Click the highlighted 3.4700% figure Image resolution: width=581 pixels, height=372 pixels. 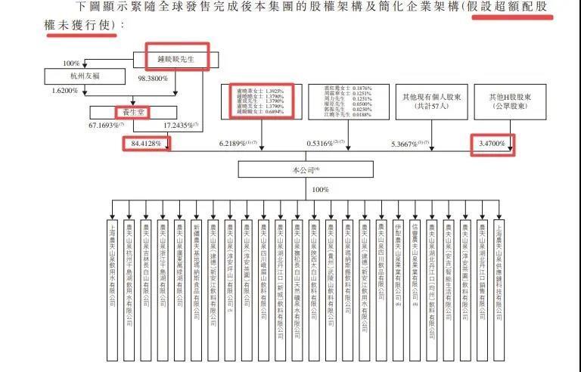coord(492,142)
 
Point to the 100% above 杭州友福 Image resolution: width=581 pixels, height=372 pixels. coord(71,63)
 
